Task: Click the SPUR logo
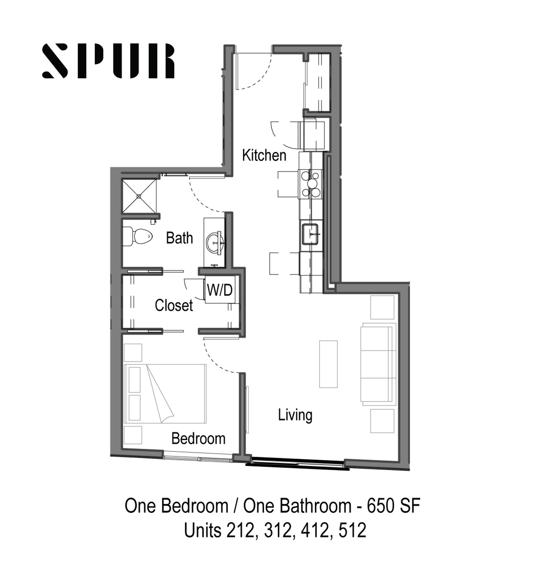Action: pyautogui.click(x=108, y=61)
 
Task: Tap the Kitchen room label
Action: pyautogui.click(x=264, y=156)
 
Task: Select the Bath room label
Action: pyautogui.click(x=179, y=238)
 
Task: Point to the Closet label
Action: pyautogui.click(x=174, y=306)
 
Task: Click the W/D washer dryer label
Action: pyautogui.click(x=220, y=290)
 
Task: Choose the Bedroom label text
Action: pyautogui.click(x=198, y=438)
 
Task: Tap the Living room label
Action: pyautogui.click(x=295, y=415)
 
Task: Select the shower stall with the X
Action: pyautogui.click(x=139, y=196)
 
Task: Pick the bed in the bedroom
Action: pyautogui.click(x=165, y=394)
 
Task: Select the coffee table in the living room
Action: pyautogui.click(x=328, y=364)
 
